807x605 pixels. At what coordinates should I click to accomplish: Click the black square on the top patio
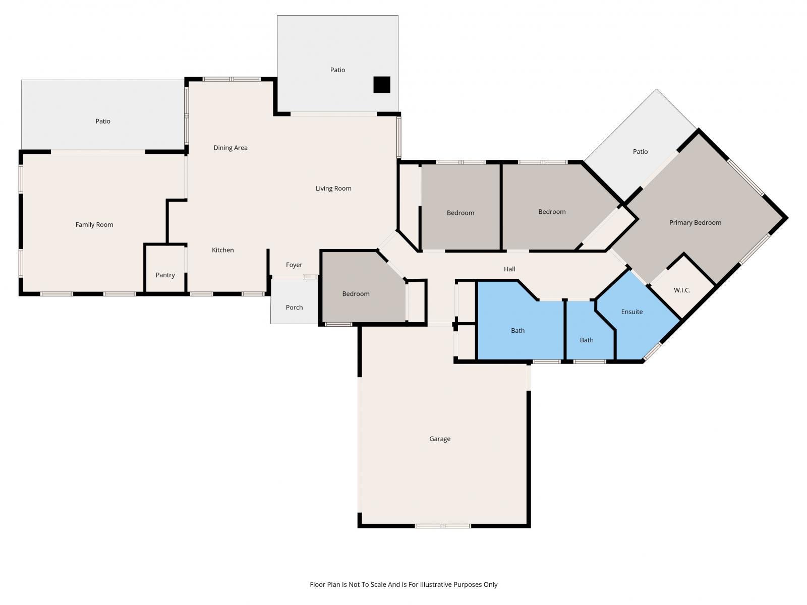pos(382,85)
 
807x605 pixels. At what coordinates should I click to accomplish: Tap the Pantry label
pos(165,275)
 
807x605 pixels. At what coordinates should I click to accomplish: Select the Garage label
pos(440,439)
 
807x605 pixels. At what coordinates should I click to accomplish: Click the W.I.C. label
pos(682,290)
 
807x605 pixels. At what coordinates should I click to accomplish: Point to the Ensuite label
pos(631,312)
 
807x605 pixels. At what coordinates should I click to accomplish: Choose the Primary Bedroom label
pos(695,222)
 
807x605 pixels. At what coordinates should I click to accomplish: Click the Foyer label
pos(294,265)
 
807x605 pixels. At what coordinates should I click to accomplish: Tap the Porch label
pos(294,307)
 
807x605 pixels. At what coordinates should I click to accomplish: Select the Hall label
pos(509,269)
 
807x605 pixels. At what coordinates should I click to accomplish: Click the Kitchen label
pos(222,250)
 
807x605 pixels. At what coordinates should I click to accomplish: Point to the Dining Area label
pos(230,148)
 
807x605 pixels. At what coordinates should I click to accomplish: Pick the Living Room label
pos(333,188)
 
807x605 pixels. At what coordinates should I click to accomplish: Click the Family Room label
pos(94,224)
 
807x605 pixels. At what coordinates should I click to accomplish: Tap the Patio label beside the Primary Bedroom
pos(640,151)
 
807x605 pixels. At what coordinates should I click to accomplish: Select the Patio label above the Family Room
pos(102,121)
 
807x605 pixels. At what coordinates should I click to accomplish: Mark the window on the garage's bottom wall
pos(443,526)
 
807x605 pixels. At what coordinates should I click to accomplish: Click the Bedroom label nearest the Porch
pos(356,293)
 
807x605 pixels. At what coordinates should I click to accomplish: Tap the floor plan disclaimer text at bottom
pos(403,584)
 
